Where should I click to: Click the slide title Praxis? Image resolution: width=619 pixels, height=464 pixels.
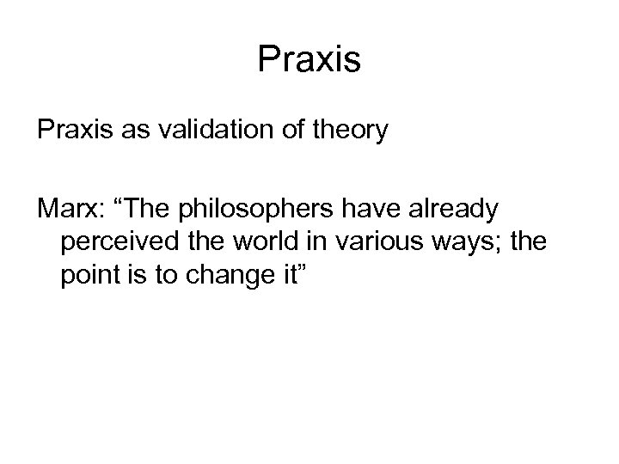(309, 59)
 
